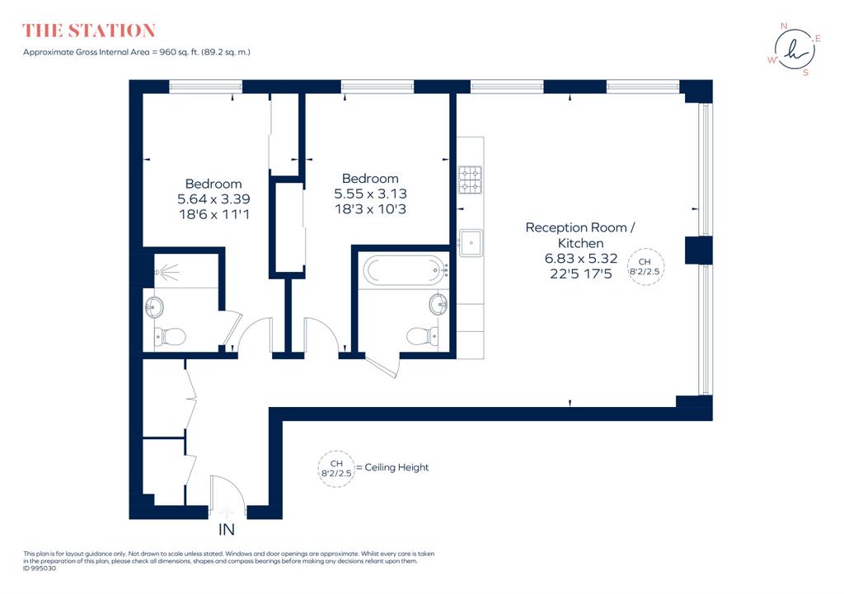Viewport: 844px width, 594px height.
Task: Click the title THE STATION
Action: (x=89, y=30)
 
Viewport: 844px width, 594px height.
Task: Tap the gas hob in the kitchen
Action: (x=470, y=180)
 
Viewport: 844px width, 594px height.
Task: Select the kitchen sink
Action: (x=471, y=243)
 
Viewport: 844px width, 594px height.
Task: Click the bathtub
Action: (x=405, y=270)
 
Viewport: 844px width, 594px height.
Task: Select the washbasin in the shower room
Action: (x=154, y=307)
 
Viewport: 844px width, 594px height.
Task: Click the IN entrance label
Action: (x=227, y=530)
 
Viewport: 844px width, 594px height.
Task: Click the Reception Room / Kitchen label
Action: (x=580, y=235)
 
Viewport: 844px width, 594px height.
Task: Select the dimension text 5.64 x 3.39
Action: (x=213, y=199)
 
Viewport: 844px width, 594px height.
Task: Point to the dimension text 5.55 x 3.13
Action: (x=370, y=194)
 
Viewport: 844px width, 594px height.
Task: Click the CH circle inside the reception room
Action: (x=645, y=266)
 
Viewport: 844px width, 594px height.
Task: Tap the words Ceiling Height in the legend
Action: (x=396, y=468)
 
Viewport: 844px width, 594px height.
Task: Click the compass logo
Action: (x=795, y=49)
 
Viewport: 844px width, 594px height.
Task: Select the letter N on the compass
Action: (x=784, y=26)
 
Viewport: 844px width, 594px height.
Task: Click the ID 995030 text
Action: (x=40, y=568)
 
